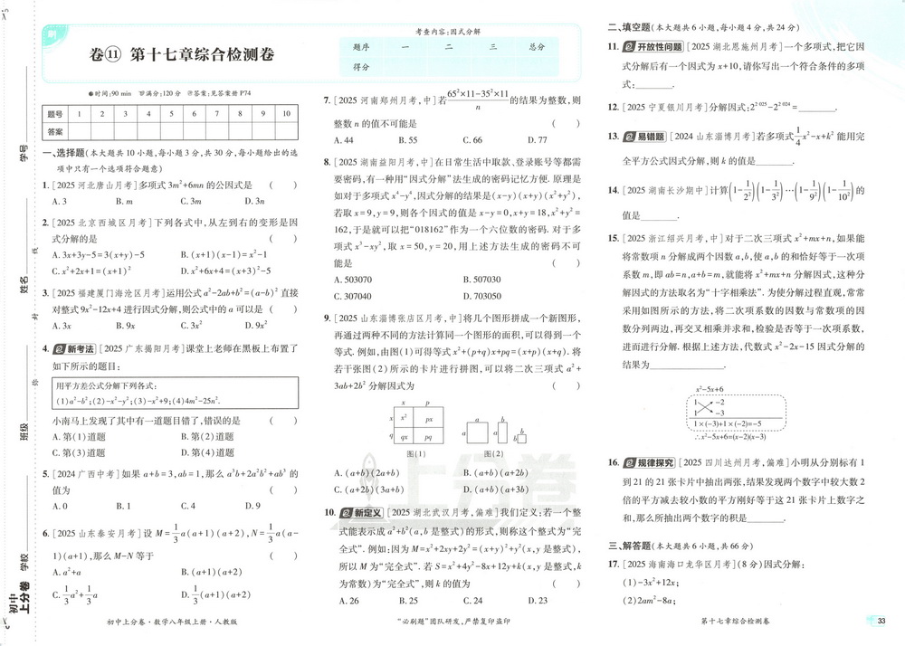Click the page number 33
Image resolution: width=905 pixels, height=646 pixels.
881,621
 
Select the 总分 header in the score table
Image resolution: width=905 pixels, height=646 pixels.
537,46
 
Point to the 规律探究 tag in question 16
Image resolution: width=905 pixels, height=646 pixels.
648,461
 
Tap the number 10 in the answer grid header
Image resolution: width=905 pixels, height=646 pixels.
286,114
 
